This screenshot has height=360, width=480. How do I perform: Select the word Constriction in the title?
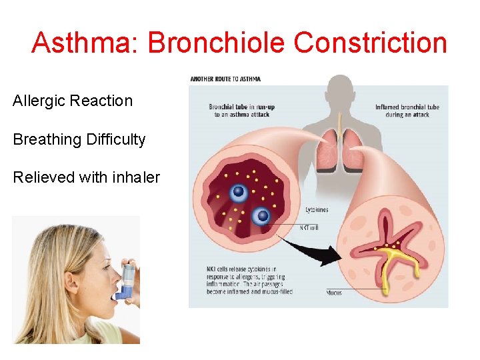(370, 43)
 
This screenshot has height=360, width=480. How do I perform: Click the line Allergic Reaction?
(73, 101)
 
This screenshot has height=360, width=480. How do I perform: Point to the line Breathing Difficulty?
(79, 139)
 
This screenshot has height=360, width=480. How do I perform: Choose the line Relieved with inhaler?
(87, 177)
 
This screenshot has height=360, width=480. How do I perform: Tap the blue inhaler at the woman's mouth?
(125, 280)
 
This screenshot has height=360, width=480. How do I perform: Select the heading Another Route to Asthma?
(225, 79)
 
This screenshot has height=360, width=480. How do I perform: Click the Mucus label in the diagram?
(335, 292)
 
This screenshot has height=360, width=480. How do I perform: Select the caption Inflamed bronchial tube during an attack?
(407, 111)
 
